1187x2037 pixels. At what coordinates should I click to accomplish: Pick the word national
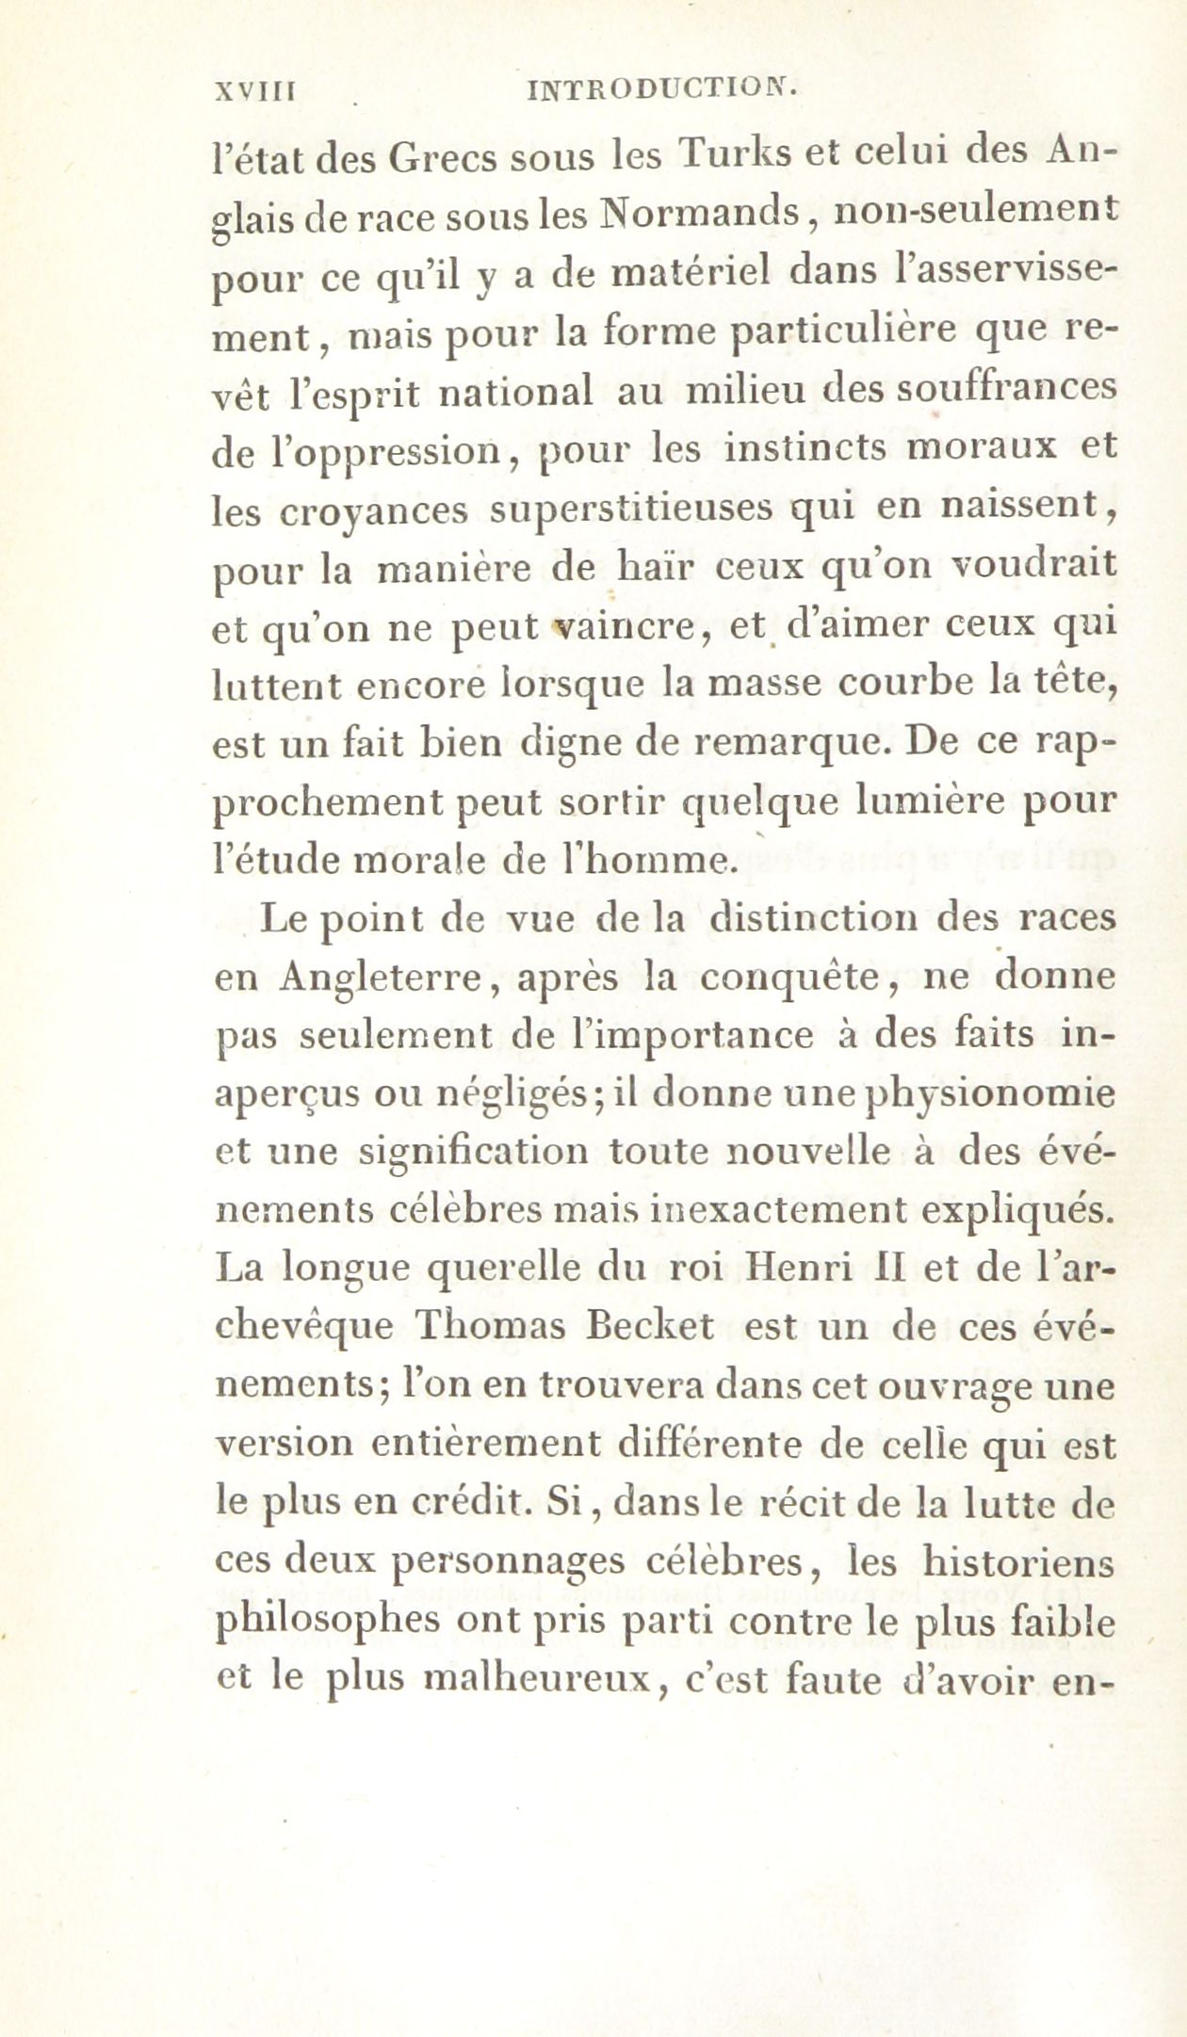(517, 391)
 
